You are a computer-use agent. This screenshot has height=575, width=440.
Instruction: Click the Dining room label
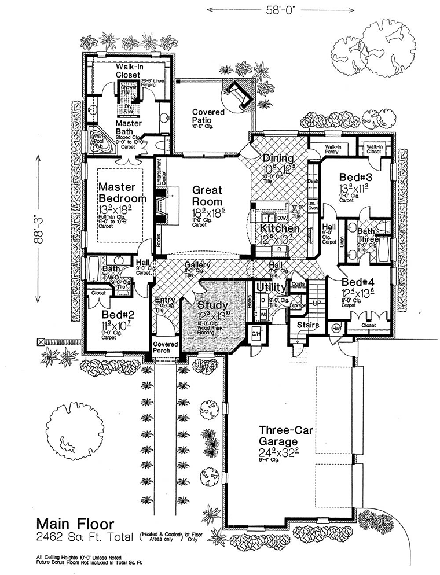coord(279,159)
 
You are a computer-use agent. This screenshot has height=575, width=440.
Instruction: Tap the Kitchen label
coord(280,229)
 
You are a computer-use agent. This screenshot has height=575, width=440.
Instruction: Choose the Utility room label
coord(270,287)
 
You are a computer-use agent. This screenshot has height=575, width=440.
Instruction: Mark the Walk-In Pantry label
coord(332,150)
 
